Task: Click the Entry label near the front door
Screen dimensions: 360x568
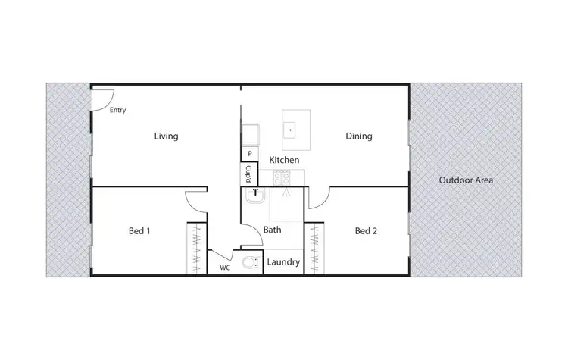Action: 117,110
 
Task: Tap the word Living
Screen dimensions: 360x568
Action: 166,136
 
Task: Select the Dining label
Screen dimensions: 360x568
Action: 359,136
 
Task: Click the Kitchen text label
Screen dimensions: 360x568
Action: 284,161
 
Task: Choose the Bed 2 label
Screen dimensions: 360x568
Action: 366,231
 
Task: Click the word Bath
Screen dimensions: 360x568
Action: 273,229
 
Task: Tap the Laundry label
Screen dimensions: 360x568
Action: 284,263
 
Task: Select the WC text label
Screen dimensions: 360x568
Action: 225,268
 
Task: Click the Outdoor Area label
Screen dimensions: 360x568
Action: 467,180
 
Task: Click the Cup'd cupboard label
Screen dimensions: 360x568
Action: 248,175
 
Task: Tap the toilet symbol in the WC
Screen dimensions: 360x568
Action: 248,263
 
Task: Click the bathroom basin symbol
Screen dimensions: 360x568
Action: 256,194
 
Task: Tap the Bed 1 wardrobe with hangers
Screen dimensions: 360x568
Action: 196,249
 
